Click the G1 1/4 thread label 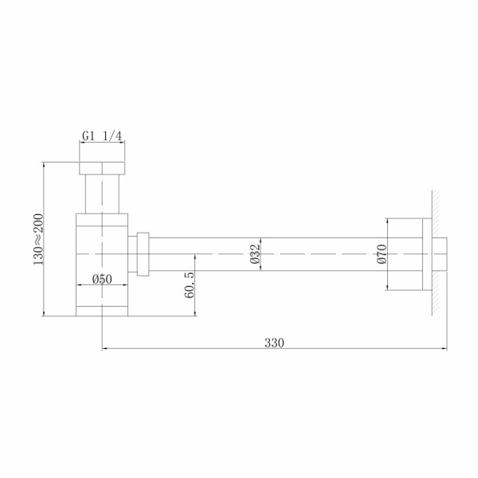pyautogui.click(x=102, y=137)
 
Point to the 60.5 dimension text pyautogui.click(x=188, y=284)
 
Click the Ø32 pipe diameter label pyautogui.click(x=254, y=253)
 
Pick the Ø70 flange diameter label pyautogui.click(x=381, y=253)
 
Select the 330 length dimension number pyautogui.click(x=274, y=343)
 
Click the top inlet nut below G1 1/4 pyautogui.click(x=102, y=169)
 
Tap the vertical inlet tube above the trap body pyautogui.click(x=102, y=194)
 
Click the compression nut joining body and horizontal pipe pyautogui.click(x=143, y=253)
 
